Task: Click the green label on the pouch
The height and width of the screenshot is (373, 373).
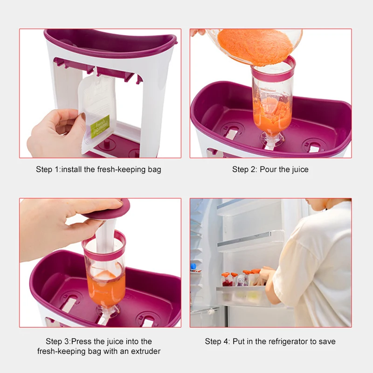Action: [x=100, y=126]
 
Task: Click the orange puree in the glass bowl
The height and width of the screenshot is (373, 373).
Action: [x=256, y=46]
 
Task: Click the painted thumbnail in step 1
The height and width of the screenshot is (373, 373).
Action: [x=83, y=116]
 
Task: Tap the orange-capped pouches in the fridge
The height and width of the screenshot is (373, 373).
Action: [x=240, y=277]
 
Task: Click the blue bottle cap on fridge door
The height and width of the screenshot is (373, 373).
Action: [x=193, y=266]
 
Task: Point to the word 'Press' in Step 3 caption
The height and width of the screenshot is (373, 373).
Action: [x=81, y=341]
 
